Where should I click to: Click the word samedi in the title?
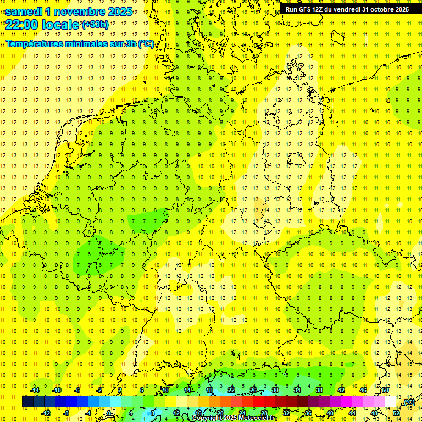(x=25, y=12)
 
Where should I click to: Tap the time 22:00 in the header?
(x=23, y=25)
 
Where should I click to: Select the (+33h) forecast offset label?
(x=95, y=25)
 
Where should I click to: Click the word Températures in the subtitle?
(x=34, y=44)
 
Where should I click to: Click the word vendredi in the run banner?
(x=345, y=9)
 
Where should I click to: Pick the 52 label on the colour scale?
(x=396, y=413)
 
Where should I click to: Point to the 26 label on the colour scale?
(x=253, y=390)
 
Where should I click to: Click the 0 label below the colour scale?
(x=109, y=413)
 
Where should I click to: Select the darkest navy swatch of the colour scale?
(x=27, y=402)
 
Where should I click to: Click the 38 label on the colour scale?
(x=319, y=390)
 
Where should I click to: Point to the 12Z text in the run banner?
(x=318, y=9)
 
